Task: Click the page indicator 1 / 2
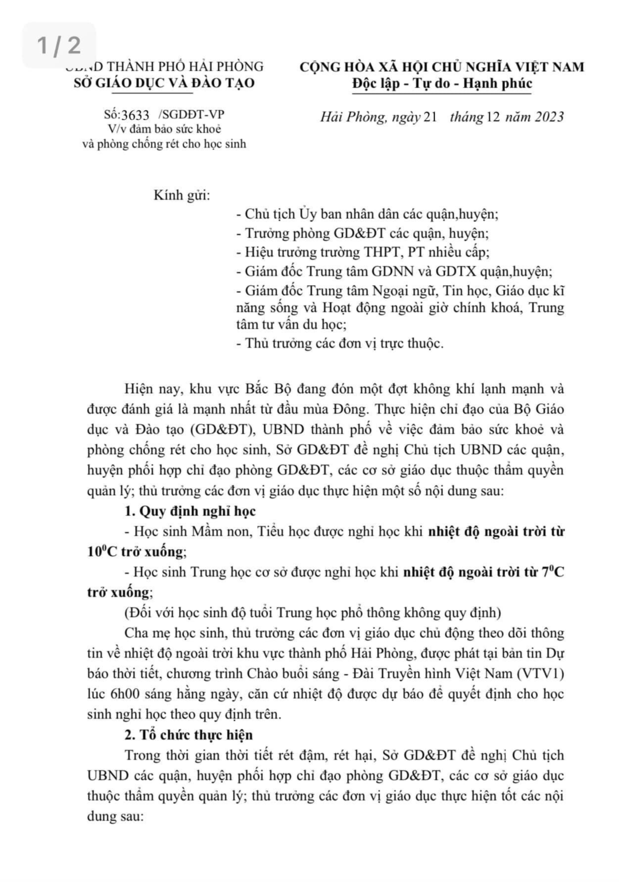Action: [59, 45]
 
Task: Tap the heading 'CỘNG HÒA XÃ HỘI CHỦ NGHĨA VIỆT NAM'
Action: [442, 66]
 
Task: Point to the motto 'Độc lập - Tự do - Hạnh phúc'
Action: [442, 83]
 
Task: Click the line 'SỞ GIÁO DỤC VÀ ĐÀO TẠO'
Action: [164, 83]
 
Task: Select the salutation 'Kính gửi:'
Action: [182, 195]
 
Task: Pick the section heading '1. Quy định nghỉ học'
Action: [190, 511]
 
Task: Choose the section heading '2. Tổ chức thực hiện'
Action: [189, 735]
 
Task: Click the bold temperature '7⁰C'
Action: [553, 572]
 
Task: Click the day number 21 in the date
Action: [431, 117]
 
